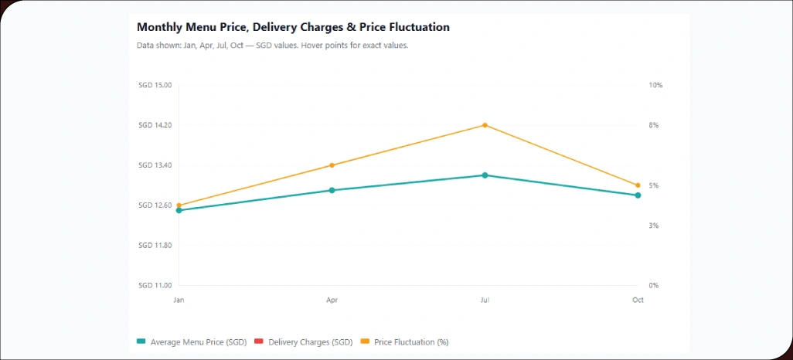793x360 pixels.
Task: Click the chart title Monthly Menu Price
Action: [x=293, y=27]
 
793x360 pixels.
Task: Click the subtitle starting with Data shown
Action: [x=272, y=46]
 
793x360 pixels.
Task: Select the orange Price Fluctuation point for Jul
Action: [x=485, y=125]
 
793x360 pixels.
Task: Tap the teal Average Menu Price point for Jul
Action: [x=485, y=175]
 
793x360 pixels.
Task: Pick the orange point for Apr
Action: [x=332, y=165]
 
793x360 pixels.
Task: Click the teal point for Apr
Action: [x=332, y=190]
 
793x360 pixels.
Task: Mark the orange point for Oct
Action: [x=638, y=185]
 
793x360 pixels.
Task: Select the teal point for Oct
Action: [x=638, y=195]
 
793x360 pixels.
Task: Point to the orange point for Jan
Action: [x=179, y=205]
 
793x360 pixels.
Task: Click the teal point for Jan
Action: [x=179, y=211]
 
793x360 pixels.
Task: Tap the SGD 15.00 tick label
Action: [x=155, y=85]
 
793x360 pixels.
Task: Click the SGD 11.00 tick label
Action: [x=155, y=286]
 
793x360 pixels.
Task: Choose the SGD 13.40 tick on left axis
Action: [x=155, y=165]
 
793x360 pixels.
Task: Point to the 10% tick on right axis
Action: [x=655, y=85]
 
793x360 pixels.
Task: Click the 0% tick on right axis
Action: [x=654, y=286]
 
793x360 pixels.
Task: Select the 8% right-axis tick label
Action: [x=654, y=125]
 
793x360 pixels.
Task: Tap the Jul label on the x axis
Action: [x=485, y=300]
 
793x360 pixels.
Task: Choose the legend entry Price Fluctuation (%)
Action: [x=411, y=341]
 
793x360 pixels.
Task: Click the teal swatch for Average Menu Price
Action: [x=141, y=341]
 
